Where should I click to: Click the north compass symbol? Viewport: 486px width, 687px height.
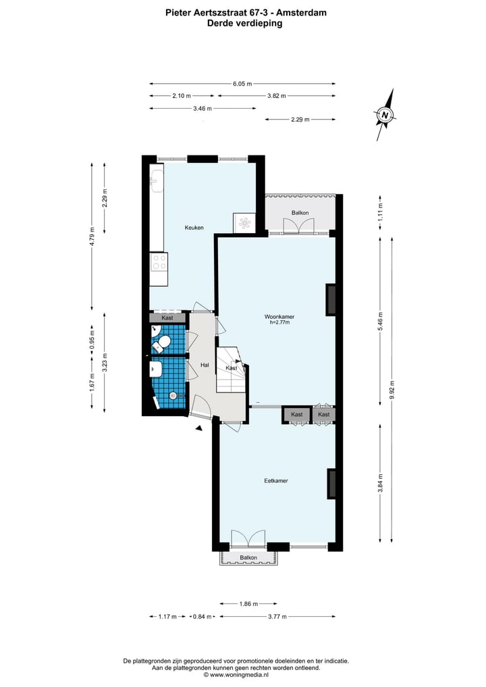[x=385, y=115]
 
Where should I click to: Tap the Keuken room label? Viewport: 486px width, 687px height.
[x=194, y=228]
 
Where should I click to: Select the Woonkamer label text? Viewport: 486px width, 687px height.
[x=279, y=316]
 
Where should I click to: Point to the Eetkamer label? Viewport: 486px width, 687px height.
[x=276, y=481]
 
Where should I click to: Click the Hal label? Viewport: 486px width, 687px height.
[x=205, y=365]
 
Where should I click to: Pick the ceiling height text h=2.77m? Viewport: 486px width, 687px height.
[x=279, y=323]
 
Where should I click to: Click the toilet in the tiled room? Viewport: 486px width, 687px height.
[x=161, y=345]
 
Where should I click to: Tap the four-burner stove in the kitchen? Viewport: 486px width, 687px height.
[x=159, y=261]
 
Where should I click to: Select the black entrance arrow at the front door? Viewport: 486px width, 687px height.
[x=198, y=427]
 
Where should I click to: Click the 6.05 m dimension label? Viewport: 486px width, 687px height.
[x=242, y=84]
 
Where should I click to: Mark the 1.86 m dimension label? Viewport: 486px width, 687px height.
[x=248, y=604]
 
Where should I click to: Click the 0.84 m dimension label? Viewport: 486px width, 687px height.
[x=202, y=617]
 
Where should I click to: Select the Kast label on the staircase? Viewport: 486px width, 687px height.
[x=232, y=368]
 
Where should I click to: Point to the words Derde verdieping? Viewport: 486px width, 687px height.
[x=244, y=22]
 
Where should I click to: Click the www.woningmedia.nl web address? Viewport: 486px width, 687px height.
[x=239, y=674]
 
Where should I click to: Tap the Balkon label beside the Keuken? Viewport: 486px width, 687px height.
[x=300, y=213]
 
